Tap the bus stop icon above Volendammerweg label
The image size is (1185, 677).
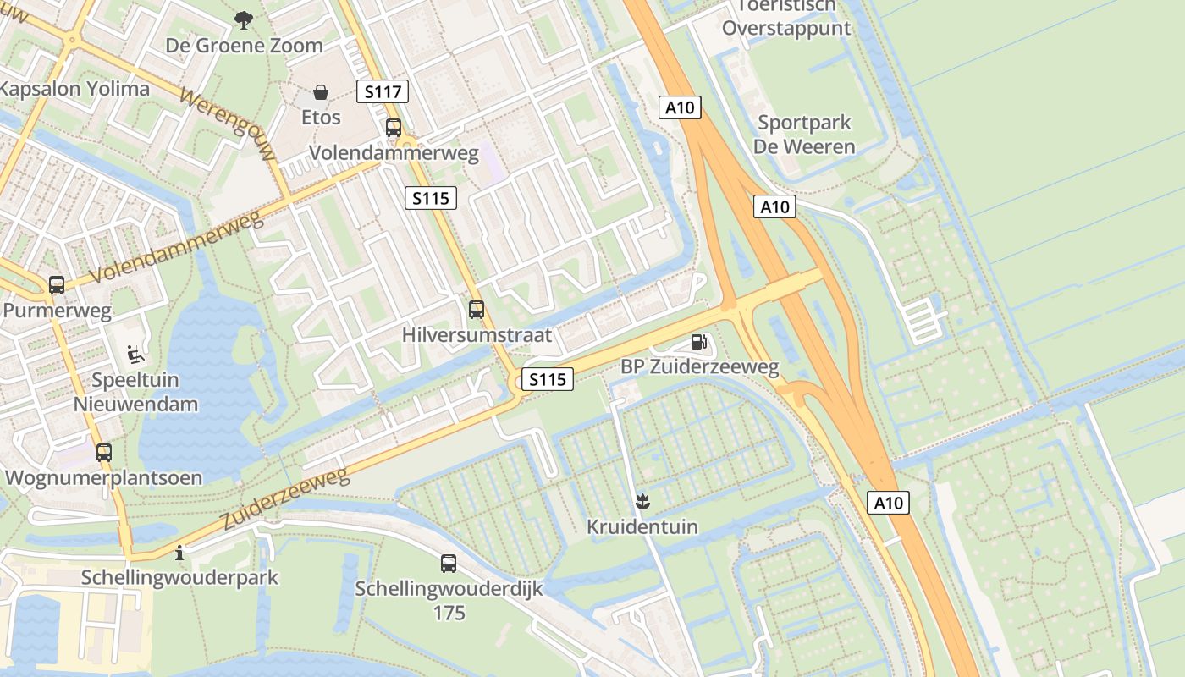(394, 128)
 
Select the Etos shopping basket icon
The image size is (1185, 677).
(321, 91)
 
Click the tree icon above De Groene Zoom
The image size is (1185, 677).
(244, 19)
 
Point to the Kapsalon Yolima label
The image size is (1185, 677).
(74, 89)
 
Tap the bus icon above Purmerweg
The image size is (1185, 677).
(57, 285)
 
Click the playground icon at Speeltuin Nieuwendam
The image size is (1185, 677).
(135, 354)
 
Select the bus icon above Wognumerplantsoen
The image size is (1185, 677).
(103, 453)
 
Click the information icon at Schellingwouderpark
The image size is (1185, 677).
(179, 554)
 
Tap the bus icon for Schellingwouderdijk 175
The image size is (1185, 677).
(449, 563)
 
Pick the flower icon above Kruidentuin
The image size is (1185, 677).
(642, 502)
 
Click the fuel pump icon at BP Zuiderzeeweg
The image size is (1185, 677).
(699, 342)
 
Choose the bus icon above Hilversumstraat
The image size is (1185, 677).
(477, 310)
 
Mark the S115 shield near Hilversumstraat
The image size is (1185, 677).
(547, 379)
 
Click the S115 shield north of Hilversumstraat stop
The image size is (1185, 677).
(430, 198)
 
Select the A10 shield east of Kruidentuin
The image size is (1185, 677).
(888, 504)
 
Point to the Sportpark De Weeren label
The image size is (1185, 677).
(804, 135)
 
